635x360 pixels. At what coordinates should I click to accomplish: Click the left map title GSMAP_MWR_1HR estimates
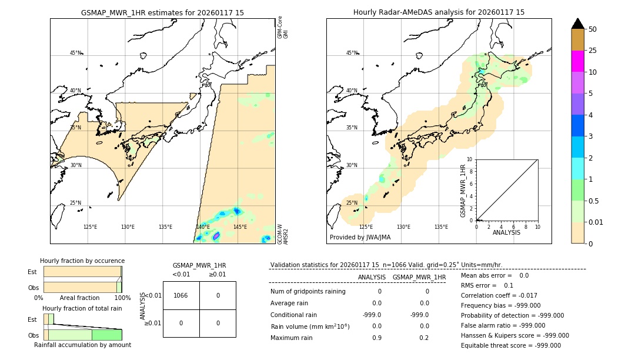click(162, 12)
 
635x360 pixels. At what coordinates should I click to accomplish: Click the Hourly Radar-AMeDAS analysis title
click(439, 12)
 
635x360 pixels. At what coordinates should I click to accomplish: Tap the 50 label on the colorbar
click(593, 29)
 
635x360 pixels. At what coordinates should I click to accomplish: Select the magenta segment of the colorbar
click(577, 61)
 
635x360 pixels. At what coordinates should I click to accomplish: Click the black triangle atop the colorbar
click(577, 24)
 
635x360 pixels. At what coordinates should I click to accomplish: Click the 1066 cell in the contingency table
click(181, 295)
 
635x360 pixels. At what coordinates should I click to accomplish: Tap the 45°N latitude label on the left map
click(75, 53)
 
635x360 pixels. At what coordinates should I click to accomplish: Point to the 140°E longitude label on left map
click(203, 227)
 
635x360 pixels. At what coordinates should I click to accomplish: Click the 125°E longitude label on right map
click(366, 227)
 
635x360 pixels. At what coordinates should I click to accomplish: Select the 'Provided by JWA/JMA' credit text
click(360, 238)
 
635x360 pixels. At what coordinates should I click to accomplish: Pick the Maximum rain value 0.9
click(376, 338)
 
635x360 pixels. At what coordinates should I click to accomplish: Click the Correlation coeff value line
click(499, 296)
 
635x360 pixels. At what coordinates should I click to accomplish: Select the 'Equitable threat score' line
click(510, 345)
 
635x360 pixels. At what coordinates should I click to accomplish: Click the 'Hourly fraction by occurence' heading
click(82, 261)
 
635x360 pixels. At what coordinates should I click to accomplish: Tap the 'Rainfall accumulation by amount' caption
click(82, 345)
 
